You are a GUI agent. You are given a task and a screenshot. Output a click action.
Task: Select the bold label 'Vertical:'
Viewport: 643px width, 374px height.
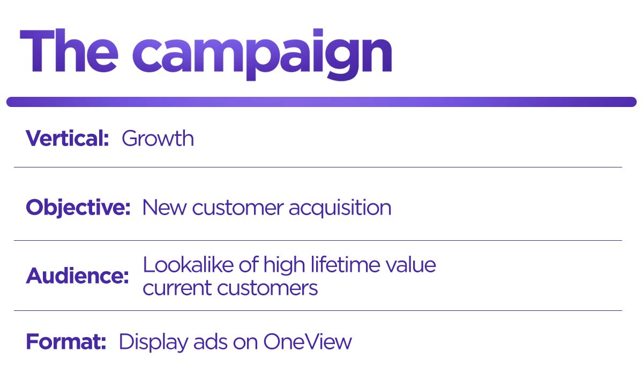coord(68,139)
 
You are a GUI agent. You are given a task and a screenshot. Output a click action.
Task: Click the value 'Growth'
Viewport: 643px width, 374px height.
coord(158,139)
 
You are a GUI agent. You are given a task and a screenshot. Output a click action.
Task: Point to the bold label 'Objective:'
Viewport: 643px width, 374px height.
coord(78,208)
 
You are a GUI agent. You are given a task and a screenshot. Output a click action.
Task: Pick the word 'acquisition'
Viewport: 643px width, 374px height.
coord(340,208)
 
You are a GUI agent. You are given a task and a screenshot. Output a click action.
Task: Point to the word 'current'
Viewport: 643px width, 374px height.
coord(176,288)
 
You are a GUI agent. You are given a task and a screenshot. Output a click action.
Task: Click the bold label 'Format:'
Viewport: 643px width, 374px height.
coord(66,341)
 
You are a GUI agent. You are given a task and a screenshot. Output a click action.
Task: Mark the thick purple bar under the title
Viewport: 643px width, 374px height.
coord(322,102)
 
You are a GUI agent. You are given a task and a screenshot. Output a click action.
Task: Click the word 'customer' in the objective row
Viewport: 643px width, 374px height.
coord(237,208)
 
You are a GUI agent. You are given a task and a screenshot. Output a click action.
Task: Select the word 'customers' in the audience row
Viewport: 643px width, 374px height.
coord(267,288)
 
